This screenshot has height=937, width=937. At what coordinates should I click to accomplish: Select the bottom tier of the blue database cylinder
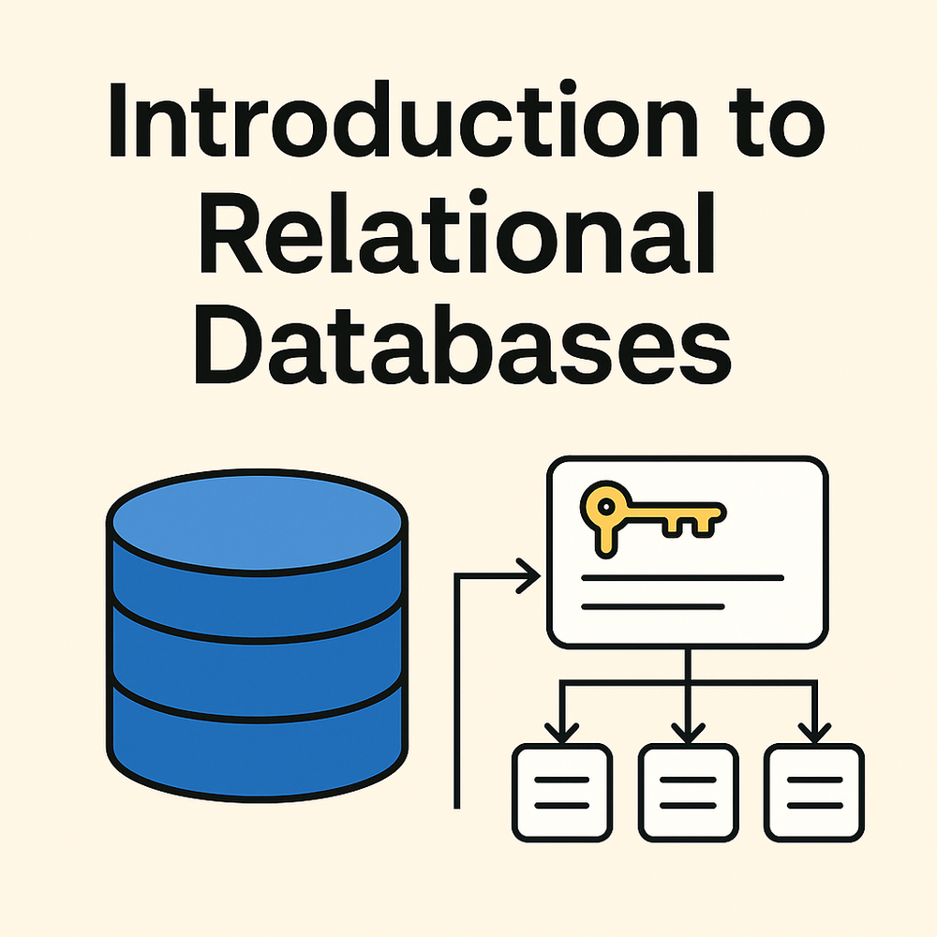pos(257,740)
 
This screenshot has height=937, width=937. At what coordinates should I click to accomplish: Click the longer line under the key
pos(682,578)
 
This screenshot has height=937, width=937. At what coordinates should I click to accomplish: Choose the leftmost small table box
pos(561,792)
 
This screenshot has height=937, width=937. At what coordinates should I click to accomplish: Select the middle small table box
pos(688,792)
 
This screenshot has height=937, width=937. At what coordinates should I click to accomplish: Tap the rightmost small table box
pos(814,792)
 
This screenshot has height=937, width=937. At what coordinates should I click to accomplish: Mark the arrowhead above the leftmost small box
pos(561,729)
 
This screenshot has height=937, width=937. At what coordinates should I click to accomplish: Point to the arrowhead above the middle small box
pos(688,729)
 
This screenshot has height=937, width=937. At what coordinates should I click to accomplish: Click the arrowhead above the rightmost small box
pos(814,729)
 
